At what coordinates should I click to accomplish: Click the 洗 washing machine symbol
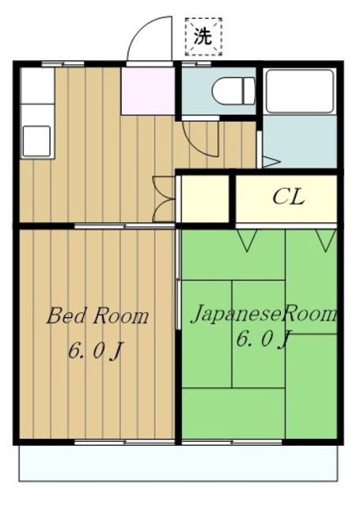click(203, 37)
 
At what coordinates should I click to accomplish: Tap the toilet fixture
click(233, 92)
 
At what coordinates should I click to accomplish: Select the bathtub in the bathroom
click(300, 91)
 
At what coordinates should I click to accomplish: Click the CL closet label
click(288, 197)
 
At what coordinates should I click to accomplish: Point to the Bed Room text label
click(97, 315)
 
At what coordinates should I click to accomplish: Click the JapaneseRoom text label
click(264, 314)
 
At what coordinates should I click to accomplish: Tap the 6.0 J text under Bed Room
click(96, 351)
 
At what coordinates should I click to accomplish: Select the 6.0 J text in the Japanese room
click(263, 339)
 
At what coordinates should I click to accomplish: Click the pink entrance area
click(148, 91)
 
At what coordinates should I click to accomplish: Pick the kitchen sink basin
click(36, 141)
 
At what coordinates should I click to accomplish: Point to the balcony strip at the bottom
click(178, 463)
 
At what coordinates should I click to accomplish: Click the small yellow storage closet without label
click(206, 198)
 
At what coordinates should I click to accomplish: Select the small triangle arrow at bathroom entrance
click(271, 161)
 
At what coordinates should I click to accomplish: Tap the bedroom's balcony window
click(125, 442)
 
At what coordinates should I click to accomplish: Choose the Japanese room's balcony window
click(232, 442)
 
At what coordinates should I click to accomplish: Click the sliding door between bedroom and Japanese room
click(177, 279)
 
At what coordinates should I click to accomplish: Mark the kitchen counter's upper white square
click(37, 86)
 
